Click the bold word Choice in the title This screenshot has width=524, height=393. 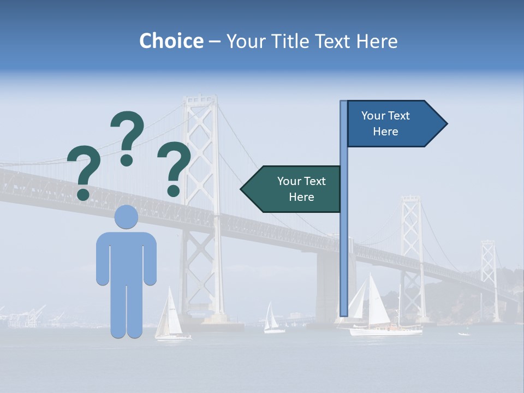[x=171, y=41]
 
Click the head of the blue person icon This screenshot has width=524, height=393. [x=126, y=217]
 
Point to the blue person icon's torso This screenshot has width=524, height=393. [x=126, y=257]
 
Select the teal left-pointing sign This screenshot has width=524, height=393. [x=292, y=189]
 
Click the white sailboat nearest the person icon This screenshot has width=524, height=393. [x=170, y=317]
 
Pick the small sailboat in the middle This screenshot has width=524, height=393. [x=271, y=319]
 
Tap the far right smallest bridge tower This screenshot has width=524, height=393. [x=489, y=273]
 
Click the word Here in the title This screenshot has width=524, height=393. [x=377, y=41]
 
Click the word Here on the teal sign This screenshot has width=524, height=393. [x=301, y=197]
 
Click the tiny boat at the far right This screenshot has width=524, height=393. [x=465, y=334]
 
